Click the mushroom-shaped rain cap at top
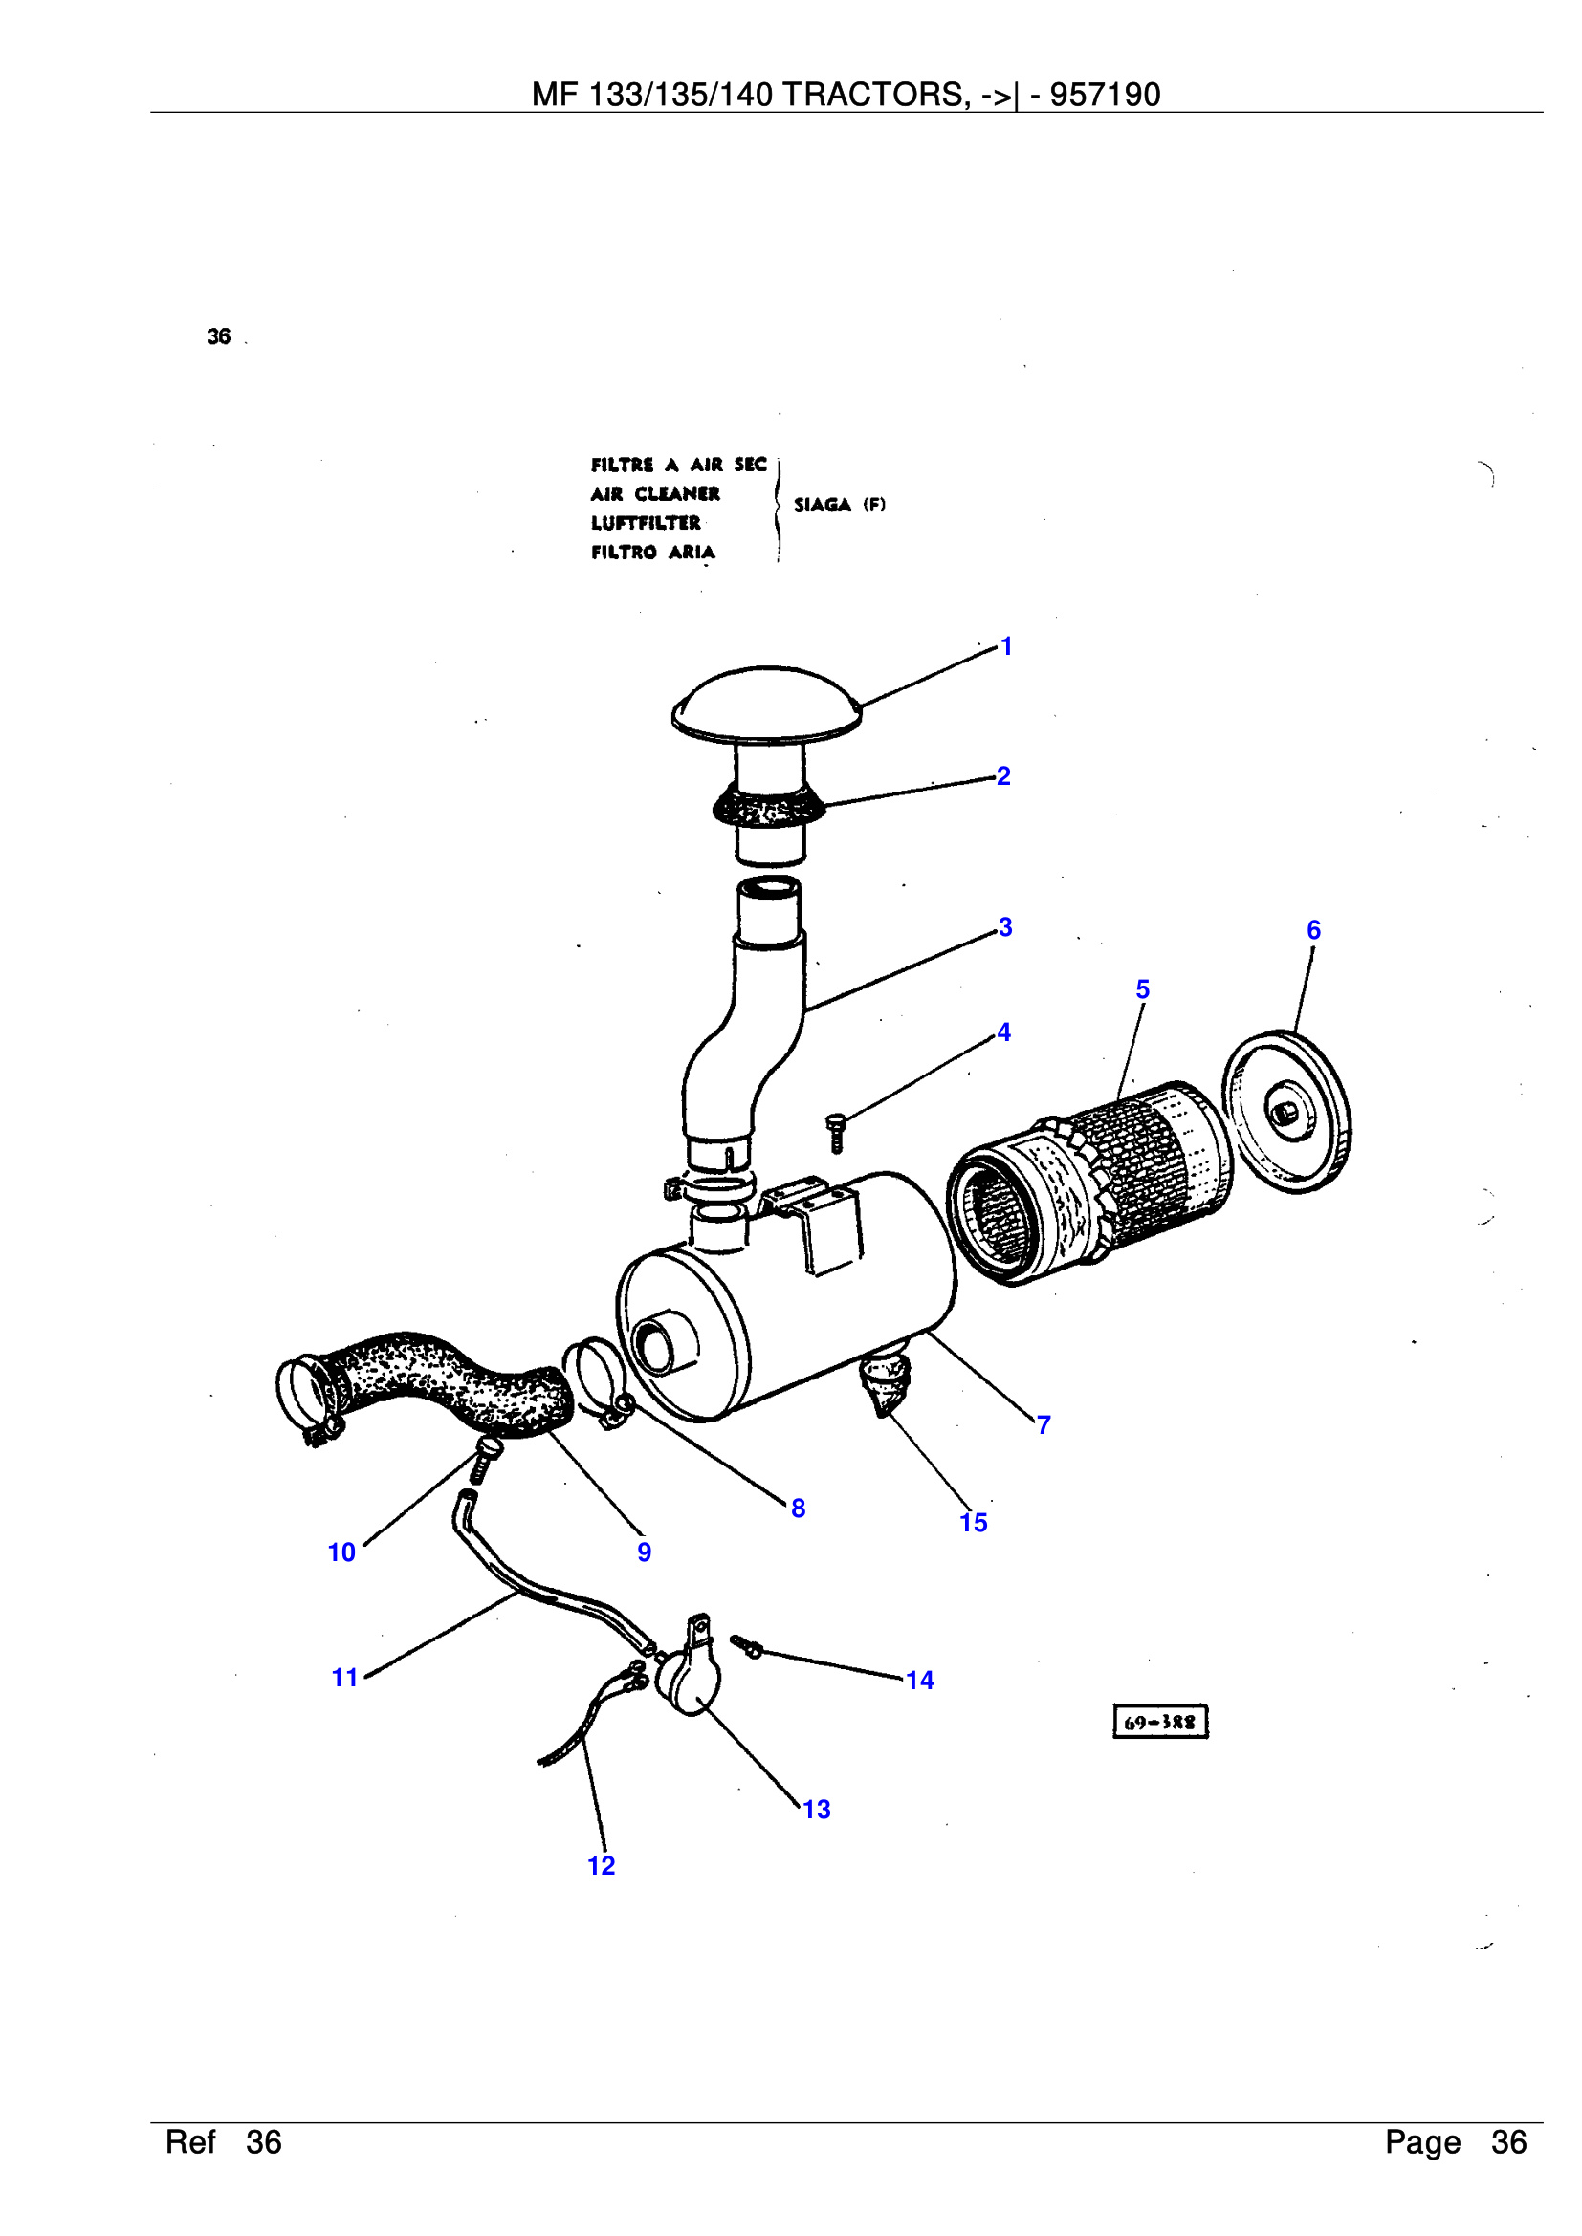(x=767, y=700)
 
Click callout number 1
(x=1006, y=646)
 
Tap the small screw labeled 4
(x=836, y=1132)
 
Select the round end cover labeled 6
(x=1285, y=1111)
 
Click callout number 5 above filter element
(x=1143, y=989)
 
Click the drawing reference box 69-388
(x=1159, y=1722)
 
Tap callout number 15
(x=973, y=1523)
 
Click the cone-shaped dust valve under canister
(x=885, y=1383)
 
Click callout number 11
(x=345, y=1678)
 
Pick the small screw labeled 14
(x=747, y=1647)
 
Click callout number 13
(x=816, y=1810)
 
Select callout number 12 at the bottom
(x=601, y=1866)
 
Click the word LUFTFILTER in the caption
(x=645, y=523)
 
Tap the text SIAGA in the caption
(x=823, y=505)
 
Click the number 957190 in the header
(x=1105, y=95)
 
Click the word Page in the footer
(x=1422, y=2142)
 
